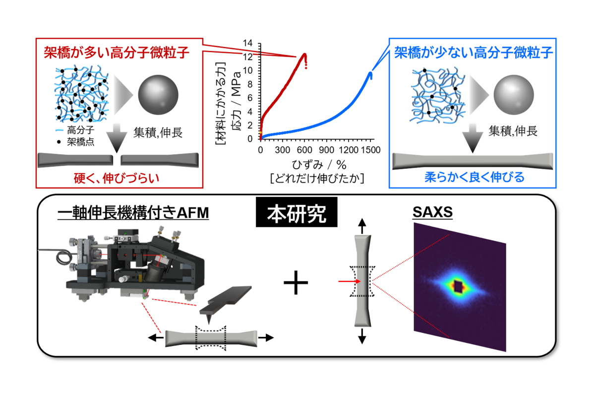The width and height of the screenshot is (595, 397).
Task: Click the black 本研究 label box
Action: pyautogui.click(x=297, y=212)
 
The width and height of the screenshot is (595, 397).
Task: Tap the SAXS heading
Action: pyautogui.click(x=432, y=212)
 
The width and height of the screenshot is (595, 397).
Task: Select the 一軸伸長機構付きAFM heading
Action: pyautogui.click(x=133, y=213)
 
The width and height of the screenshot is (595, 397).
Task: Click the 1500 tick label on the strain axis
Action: pyautogui.click(x=371, y=150)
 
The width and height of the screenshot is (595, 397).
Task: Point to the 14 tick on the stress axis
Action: pyautogui.click(x=247, y=43)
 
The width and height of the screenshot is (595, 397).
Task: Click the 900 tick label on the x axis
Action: pyautogui.click(x=326, y=150)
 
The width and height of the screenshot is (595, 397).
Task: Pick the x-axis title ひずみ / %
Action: pyautogui.click(x=319, y=165)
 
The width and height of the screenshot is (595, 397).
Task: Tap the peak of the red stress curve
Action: pyautogui.click(x=304, y=54)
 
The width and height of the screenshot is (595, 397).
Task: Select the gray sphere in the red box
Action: pyautogui.click(x=158, y=95)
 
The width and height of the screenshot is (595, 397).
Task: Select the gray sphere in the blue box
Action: pyautogui.click(x=514, y=95)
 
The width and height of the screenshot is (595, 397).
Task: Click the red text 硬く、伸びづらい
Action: pyautogui.click(x=117, y=178)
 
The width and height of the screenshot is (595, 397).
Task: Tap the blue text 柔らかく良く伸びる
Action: pyautogui.click(x=475, y=177)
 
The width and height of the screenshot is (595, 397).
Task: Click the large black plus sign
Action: pyautogui.click(x=296, y=282)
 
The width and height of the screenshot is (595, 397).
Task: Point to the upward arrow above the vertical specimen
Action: pyautogui.click(x=362, y=226)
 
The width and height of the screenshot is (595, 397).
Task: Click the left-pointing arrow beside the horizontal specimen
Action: pyautogui.click(x=156, y=338)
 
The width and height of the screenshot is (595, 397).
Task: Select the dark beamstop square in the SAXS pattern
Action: pyautogui.click(x=458, y=287)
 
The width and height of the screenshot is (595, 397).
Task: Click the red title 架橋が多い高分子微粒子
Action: pyautogui.click(x=117, y=53)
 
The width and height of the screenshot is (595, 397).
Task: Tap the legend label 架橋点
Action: pyautogui.click(x=80, y=142)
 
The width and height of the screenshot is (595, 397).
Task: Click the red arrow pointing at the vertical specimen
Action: pyautogui.click(x=349, y=281)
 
